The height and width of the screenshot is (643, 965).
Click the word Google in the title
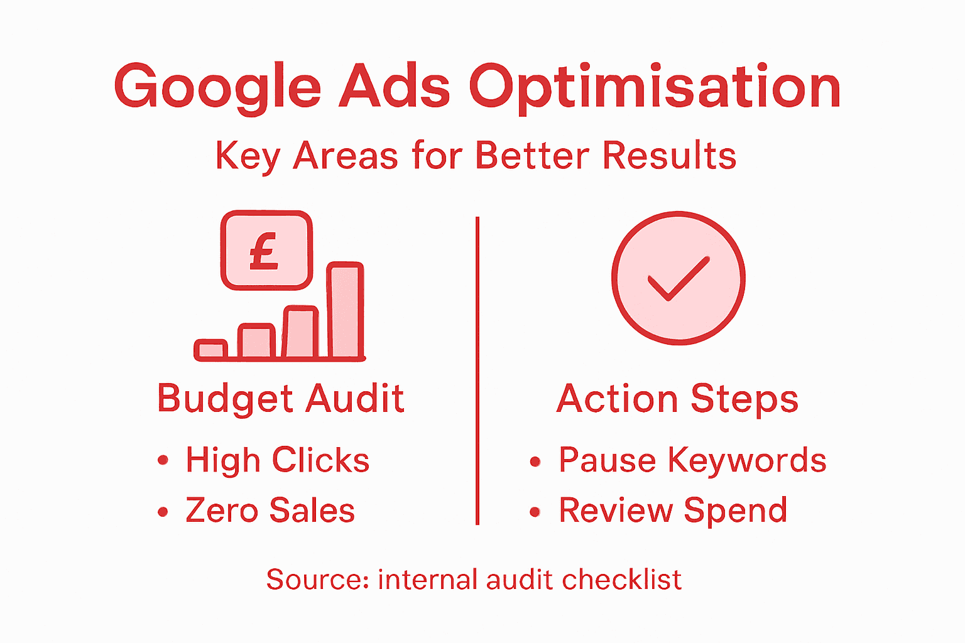217,87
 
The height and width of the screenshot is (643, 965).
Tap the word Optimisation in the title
655,87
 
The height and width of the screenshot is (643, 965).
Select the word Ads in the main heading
395,86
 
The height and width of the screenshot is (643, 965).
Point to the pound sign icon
265,251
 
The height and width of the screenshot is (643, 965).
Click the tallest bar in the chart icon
346,310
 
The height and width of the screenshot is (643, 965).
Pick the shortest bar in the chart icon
211,349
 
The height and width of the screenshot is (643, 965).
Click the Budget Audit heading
280,399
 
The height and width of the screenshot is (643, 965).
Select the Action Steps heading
677,399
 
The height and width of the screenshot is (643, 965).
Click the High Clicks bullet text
277,460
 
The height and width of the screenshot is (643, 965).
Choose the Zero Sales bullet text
270,510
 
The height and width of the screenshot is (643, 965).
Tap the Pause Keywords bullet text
692,460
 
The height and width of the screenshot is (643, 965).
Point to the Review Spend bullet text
673,510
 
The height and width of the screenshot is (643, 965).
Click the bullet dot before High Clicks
163,461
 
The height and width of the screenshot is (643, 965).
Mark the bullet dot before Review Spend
535,512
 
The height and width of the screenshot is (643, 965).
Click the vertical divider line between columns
477,370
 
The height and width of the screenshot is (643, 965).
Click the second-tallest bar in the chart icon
301,332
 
